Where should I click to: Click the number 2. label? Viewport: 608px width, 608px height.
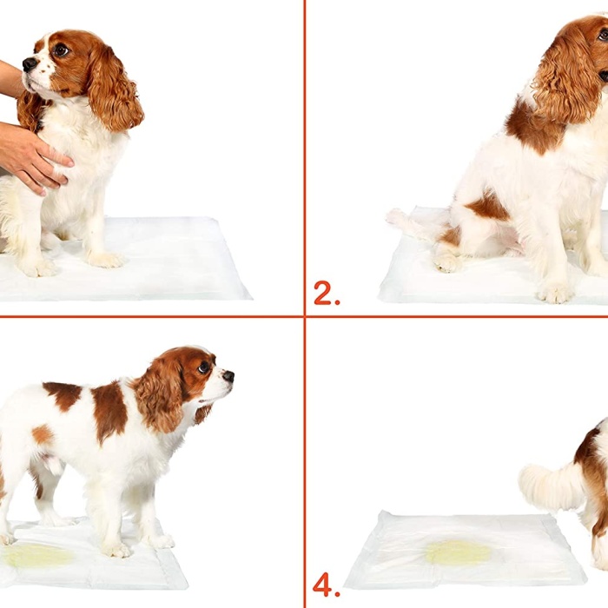pos(326,294)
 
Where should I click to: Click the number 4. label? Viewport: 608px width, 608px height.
pos(326,585)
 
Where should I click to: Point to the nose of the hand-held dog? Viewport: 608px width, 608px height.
pos(29,64)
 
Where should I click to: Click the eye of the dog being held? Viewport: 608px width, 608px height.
pos(60,50)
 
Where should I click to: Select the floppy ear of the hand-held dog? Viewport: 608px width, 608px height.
pos(113,87)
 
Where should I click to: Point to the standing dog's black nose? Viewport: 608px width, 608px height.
pos(228,376)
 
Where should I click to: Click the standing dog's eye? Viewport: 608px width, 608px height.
pos(204,367)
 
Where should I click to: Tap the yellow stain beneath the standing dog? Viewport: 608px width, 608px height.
pos(39,555)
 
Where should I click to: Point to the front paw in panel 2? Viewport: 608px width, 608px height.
pos(554,292)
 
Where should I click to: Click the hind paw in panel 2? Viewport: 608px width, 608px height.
pos(450,261)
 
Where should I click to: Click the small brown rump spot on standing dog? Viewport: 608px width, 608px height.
pos(42,434)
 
